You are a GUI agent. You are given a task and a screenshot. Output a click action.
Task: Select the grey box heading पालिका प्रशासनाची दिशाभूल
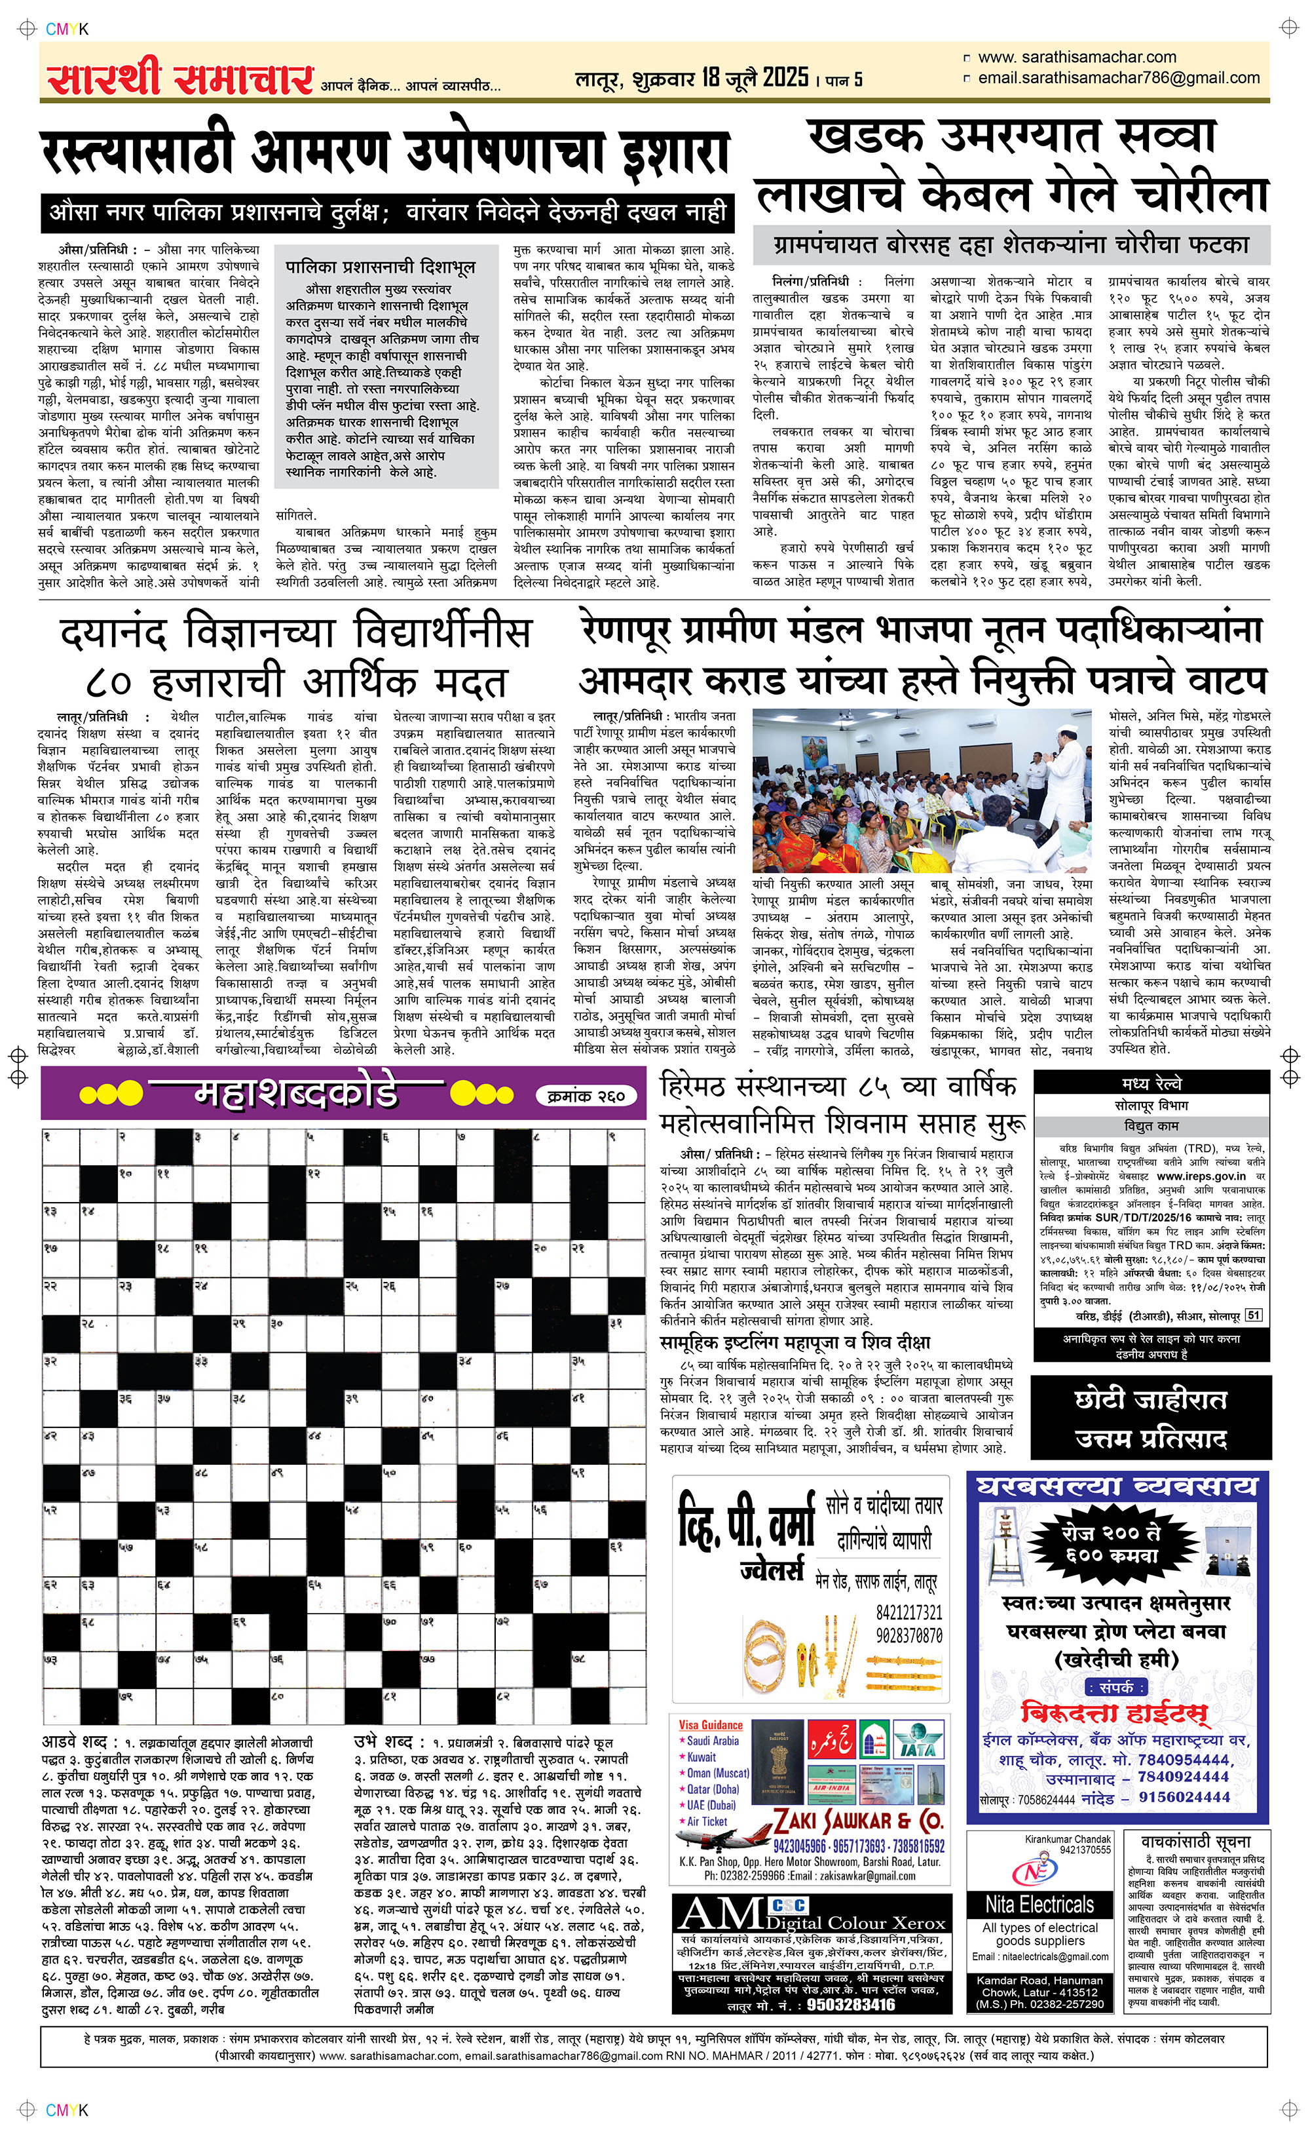[381, 267]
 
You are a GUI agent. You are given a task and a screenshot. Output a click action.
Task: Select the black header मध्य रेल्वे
[1151, 1083]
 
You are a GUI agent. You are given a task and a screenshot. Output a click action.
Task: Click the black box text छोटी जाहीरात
[1151, 1399]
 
